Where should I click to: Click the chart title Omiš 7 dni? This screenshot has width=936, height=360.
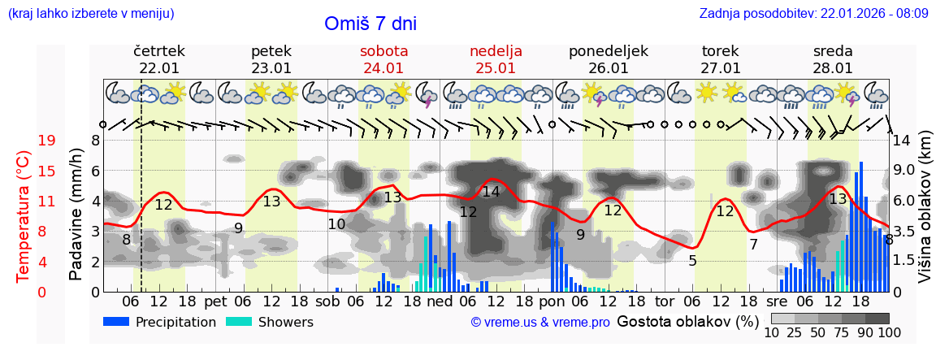click(x=370, y=24)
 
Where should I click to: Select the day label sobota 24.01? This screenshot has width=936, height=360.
click(x=383, y=59)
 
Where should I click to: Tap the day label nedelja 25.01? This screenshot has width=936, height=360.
click(x=496, y=59)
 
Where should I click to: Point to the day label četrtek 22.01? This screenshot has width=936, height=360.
click(x=159, y=59)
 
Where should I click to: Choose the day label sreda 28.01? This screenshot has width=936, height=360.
click(x=833, y=59)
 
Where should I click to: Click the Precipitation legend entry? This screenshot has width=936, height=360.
click(x=160, y=322)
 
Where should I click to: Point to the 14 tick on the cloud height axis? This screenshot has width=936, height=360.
click(x=903, y=141)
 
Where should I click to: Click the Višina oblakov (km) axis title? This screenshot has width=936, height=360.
click(x=925, y=215)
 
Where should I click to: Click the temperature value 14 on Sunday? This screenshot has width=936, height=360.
click(x=491, y=192)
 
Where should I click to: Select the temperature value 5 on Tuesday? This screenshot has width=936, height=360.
click(x=692, y=261)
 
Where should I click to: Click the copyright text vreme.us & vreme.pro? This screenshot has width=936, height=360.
click(x=539, y=322)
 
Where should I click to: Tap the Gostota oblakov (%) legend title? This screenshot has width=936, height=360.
click(x=687, y=321)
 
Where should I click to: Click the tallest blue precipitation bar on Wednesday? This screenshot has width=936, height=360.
click(x=861, y=227)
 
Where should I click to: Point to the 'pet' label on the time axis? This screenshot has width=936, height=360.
click(x=215, y=301)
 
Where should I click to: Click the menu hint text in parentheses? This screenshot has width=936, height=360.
click(x=90, y=13)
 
